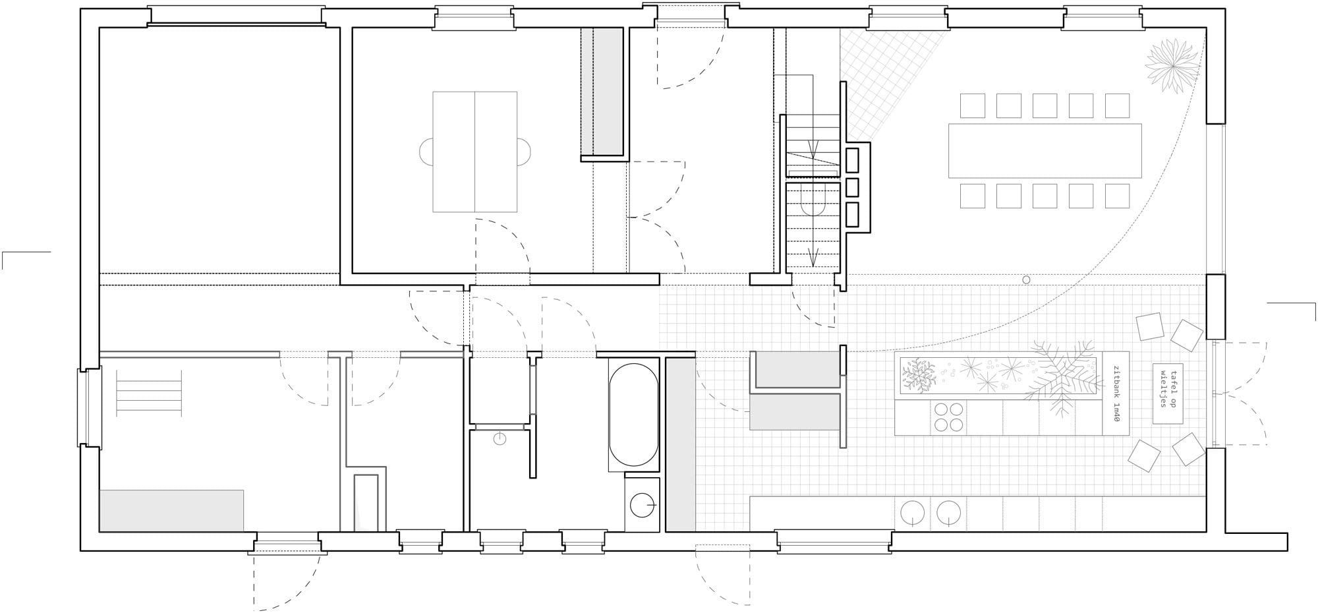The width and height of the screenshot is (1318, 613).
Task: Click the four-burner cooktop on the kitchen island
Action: point(948,417)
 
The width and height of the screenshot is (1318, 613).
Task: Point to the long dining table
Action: point(1045,150)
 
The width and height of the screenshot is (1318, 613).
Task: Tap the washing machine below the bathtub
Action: point(642,504)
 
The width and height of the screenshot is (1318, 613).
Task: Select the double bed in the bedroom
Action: point(474,152)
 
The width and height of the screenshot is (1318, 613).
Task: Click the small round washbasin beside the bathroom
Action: point(500,438)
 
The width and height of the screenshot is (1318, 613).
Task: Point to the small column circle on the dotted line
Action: point(1026,279)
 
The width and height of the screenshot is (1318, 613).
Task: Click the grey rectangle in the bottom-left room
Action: point(171,510)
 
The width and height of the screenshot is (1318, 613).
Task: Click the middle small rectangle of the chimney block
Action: point(852,188)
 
